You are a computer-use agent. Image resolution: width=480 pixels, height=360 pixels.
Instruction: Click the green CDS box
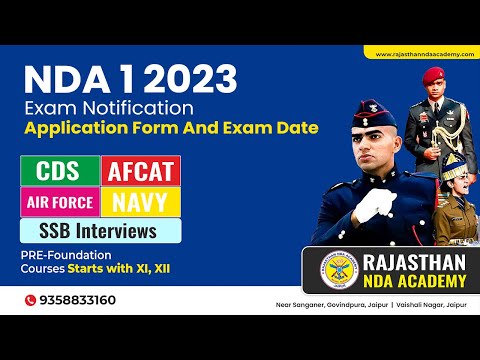click(x=58, y=171)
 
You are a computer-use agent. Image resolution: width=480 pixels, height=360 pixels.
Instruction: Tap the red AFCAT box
click(x=140, y=171)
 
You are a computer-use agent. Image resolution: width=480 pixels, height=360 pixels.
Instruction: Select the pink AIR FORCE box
click(x=58, y=202)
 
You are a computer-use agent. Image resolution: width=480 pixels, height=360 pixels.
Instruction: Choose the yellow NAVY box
click(x=140, y=202)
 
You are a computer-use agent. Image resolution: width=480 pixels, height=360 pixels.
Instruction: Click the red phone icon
click(x=32, y=299)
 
